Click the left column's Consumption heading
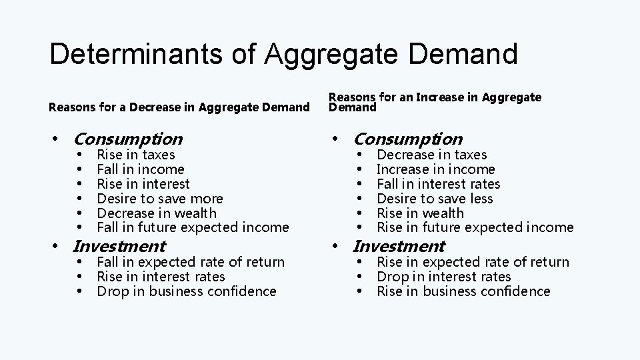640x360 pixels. (128, 139)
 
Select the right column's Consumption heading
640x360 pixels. (407, 139)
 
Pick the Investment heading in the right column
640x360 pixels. (399, 247)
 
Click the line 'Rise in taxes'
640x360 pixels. (136, 155)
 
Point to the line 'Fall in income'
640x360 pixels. (140, 169)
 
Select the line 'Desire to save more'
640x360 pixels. (160, 199)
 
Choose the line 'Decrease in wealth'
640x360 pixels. (157, 213)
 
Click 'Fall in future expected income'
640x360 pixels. (193, 228)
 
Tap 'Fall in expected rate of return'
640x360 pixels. (191, 262)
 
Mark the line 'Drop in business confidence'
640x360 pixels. (186, 291)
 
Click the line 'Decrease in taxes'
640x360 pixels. (432, 155)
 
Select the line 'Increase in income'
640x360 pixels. (436, 169)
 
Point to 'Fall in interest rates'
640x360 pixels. (438, 184)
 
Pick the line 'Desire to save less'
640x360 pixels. (435, 199)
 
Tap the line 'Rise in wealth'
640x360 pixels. (420, 213)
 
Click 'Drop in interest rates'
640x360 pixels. (443, 277)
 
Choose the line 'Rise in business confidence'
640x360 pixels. (463, 291)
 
